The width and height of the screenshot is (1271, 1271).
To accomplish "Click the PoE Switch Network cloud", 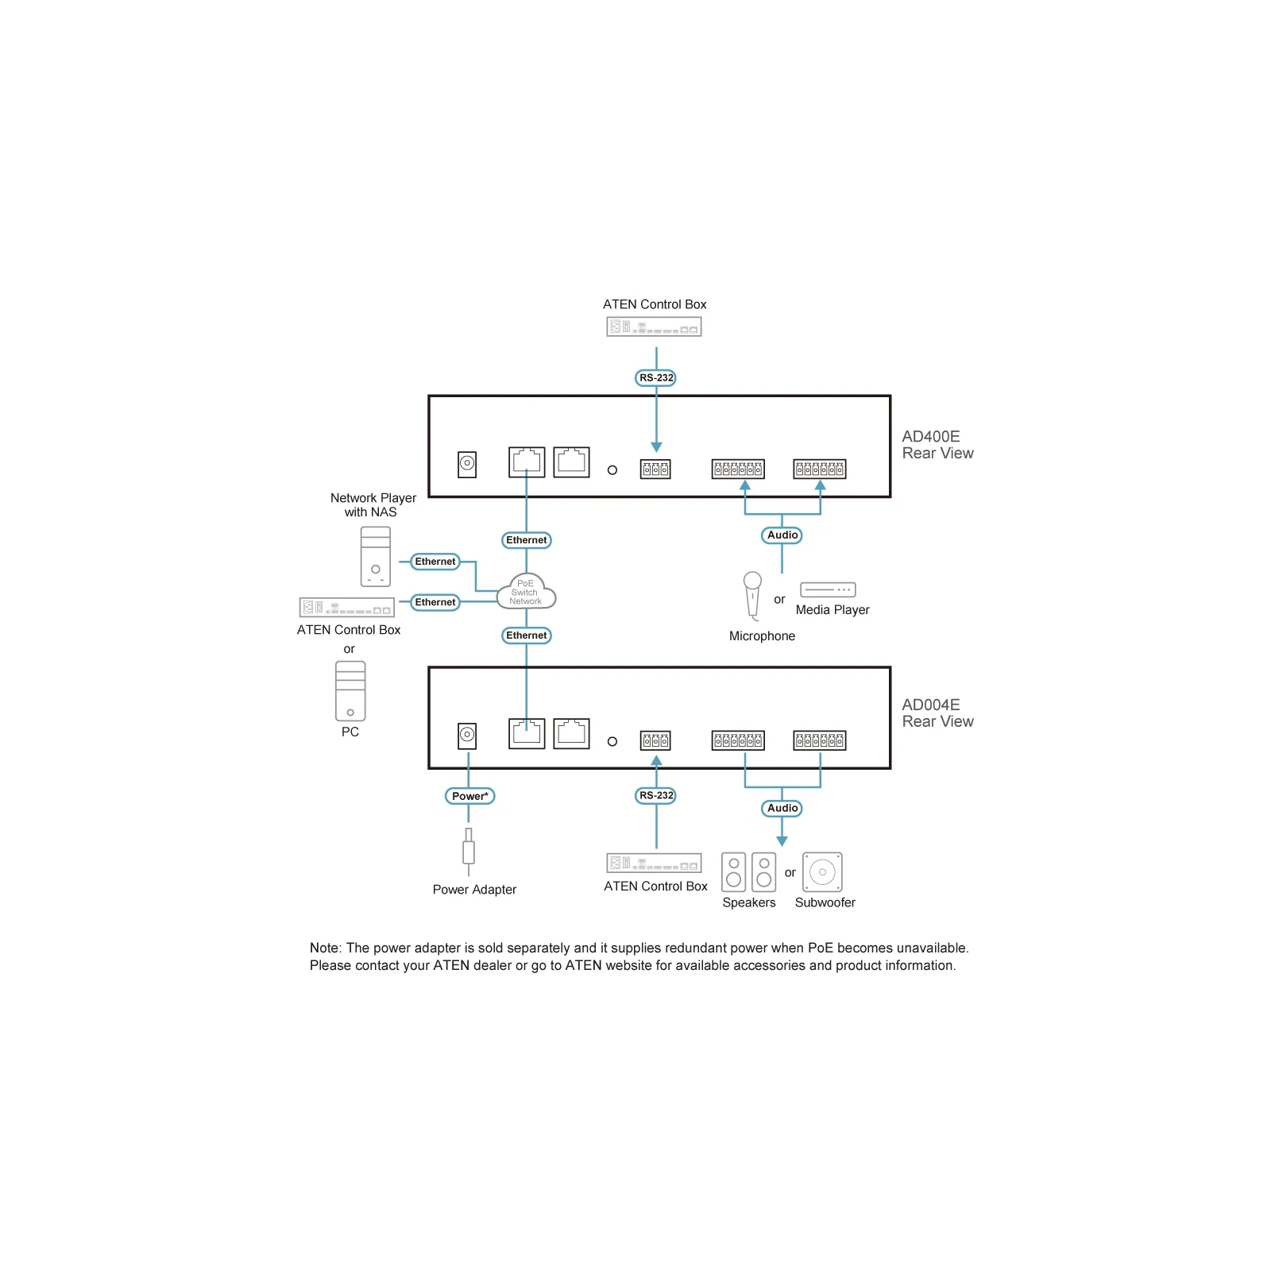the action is (526, 591).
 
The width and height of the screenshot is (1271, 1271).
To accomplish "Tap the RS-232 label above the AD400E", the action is (656, 377).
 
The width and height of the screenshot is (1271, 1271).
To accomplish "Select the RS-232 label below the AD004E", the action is (656, 795).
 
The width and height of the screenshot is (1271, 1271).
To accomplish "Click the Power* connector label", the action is (469, 796).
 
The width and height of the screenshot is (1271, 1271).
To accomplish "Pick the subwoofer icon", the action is (822, 872).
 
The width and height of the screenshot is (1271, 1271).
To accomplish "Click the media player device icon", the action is (828, 589).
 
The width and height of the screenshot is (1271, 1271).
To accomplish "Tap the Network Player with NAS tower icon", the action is (376, 557).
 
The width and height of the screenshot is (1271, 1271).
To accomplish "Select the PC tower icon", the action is (350, 691).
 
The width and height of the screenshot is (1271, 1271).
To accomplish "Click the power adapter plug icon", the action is (469, 852).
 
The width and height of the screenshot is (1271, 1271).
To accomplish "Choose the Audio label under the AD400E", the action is (782, 535).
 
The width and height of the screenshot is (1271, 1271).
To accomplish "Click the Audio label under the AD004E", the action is (782, 808).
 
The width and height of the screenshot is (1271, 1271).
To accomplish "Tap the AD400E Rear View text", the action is (937, 445).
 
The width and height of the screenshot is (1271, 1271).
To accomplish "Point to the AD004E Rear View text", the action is (937, 713).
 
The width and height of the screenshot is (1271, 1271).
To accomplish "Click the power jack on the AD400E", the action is (467, 464).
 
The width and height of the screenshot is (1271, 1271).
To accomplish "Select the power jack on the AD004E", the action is (467, 736).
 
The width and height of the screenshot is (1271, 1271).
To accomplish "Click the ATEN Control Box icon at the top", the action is (654, 326).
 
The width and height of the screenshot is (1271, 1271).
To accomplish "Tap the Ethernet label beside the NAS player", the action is (435, 562).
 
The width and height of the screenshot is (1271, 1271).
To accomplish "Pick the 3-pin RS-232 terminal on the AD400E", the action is (655, 469).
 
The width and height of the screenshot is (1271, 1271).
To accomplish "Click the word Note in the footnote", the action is (325, 948).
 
